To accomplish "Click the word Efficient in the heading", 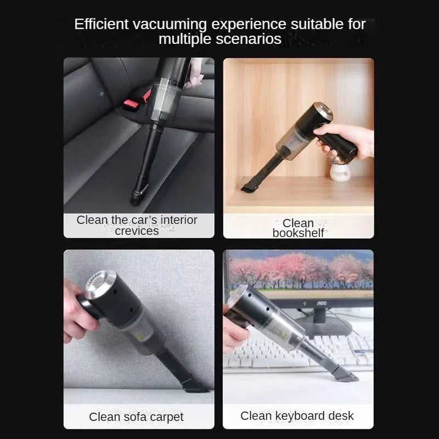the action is click(x=101, y=24).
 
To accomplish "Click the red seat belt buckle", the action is click(x=137, y=100).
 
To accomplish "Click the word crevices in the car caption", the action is click(x=137, y=231).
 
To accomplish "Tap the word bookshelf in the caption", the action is click(x=298, y=233).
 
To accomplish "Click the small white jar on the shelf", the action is click(x=340, y=171).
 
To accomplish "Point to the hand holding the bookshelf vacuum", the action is click(x=345, y=142).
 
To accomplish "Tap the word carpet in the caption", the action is click(x=167, y=417).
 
